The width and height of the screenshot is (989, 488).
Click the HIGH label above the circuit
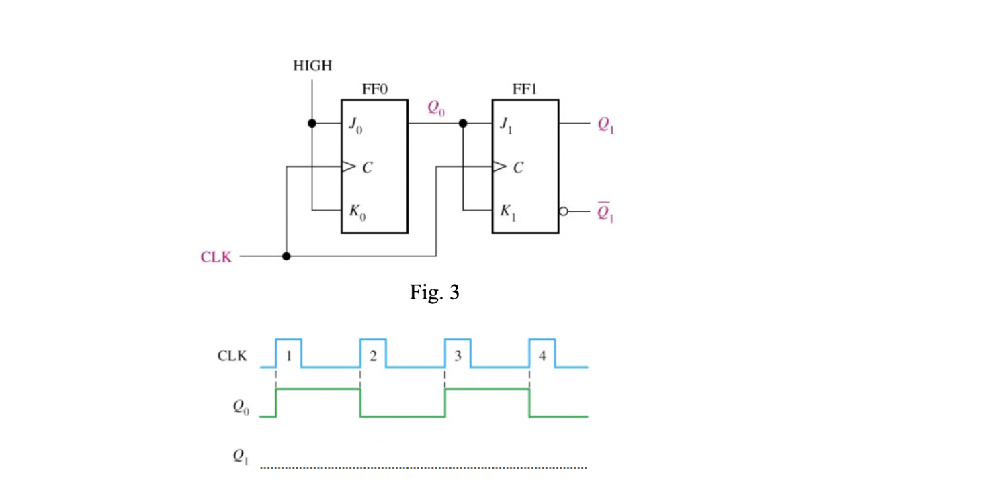pos(312,66)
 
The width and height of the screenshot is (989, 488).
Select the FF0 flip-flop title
pos(374,89)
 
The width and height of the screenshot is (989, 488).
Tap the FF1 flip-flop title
pos(525,89)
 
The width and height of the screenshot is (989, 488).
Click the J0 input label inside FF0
pos(355,126)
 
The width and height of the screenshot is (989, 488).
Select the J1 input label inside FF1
pos(506,126)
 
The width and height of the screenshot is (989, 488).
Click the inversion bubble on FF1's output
pos(564,211)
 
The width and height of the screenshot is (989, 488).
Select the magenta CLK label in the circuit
pos(216,257)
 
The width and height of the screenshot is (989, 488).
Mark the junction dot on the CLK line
pos(286,256)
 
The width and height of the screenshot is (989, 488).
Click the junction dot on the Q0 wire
pos(463,124)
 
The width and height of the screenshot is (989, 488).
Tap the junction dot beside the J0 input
pos(312,124)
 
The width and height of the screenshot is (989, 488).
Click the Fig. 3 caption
pos(435,292)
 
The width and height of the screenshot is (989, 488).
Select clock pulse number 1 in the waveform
pos(289,355)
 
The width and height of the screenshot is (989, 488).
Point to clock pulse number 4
pos(542,355)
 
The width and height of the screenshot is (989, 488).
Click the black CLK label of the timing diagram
pos(232,356)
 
